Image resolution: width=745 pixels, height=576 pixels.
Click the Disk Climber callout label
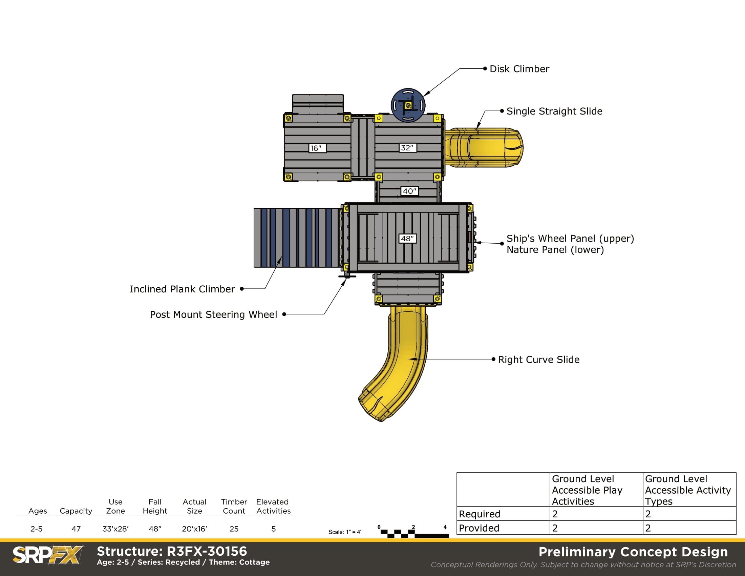pyautogui.click(x=519, y=69)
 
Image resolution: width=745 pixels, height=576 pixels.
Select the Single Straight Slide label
pyautogui.click(x=554, y=111)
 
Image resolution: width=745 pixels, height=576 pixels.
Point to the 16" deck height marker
pyautogui.click(x=317, y=148)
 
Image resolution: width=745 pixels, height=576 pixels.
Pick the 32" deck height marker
pyautogui.click(x=408, y=148)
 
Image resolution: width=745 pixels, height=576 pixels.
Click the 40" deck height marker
pyautogui.click(x=409, y=191)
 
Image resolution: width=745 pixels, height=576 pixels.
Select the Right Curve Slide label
pyautogui.click(x=539, y=359)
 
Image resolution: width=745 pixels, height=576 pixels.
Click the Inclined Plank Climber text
pyautogui.click(x=182, y=289)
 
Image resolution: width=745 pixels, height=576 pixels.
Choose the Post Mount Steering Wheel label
pyautogui.click(x=213, y=315)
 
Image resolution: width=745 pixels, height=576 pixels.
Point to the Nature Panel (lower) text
pyautogui.click(x=555, y=250)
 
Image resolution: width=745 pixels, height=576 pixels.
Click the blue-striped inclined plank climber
pyautogui.click(x=297, y=238)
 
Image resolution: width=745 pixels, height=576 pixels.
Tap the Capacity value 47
pyautogui.click(x=76, y=529)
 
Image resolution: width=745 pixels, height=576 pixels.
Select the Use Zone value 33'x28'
pyautogui.click(x=115, y=529)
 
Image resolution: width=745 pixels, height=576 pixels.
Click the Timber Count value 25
pyautogui.click(x=234, y=529)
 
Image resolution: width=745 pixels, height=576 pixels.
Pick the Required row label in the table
pyautogui.click(x=480, y=514)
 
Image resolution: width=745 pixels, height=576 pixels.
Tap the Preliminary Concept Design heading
pyautogui.click(x=633, y=552)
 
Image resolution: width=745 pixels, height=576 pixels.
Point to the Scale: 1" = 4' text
pyautogui.click(x=344, y=532)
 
